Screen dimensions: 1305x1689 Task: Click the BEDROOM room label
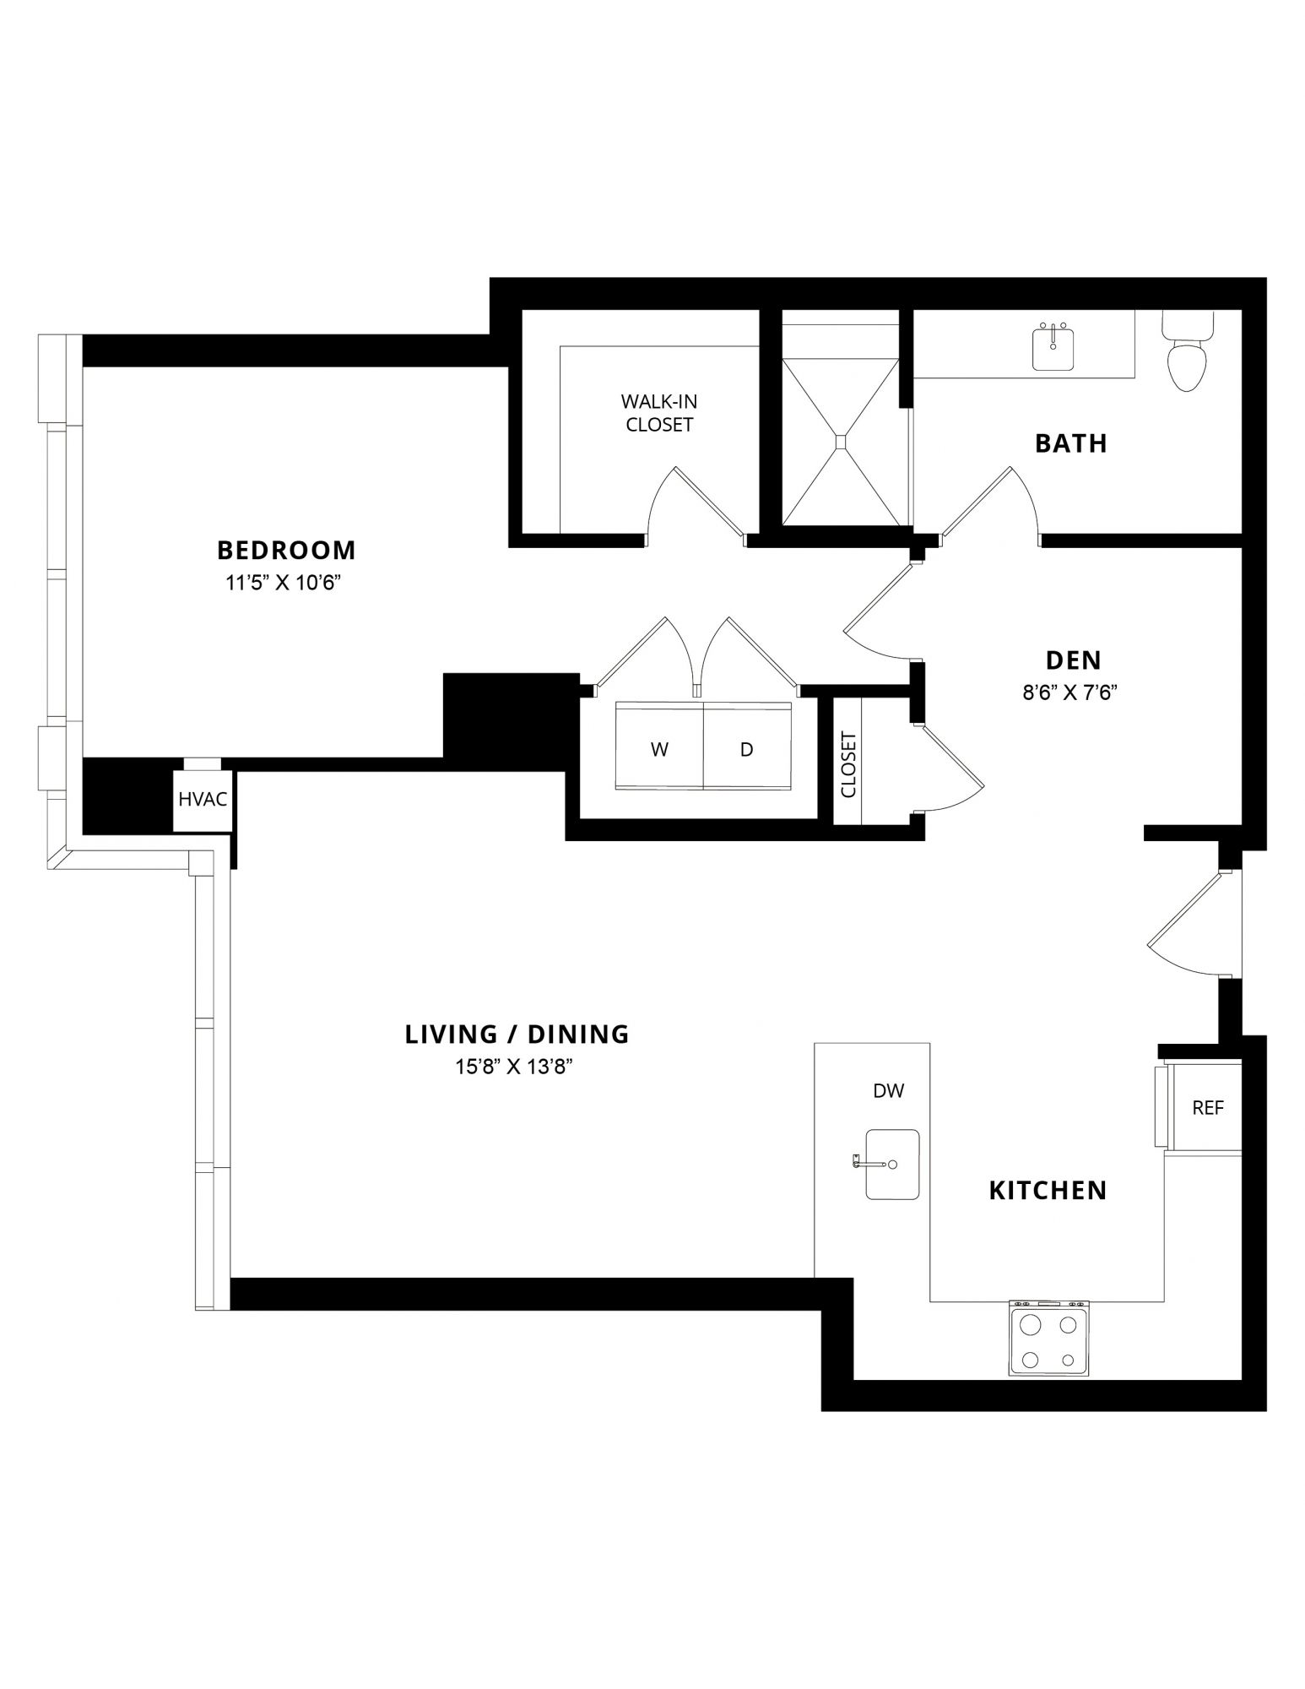pos(286,550)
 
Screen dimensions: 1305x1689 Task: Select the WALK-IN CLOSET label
pos(659,413)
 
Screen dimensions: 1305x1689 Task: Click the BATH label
pos(1071,443)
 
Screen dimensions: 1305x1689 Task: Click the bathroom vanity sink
pos(1053,348)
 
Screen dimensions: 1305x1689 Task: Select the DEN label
pos(1074,660)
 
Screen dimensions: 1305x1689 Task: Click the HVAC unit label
pos(203,799)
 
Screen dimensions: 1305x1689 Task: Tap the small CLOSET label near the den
pos(849,764)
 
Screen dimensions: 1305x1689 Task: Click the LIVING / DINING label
pos(517,1035)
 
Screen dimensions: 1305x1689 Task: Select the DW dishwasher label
pos(888,1091)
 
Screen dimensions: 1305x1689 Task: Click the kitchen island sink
pos(891,1165)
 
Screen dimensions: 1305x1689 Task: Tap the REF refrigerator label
pos(1208,1108)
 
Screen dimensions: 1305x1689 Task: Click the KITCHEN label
pos(1048,1191)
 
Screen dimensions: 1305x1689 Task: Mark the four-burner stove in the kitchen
pos(1048,1339)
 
